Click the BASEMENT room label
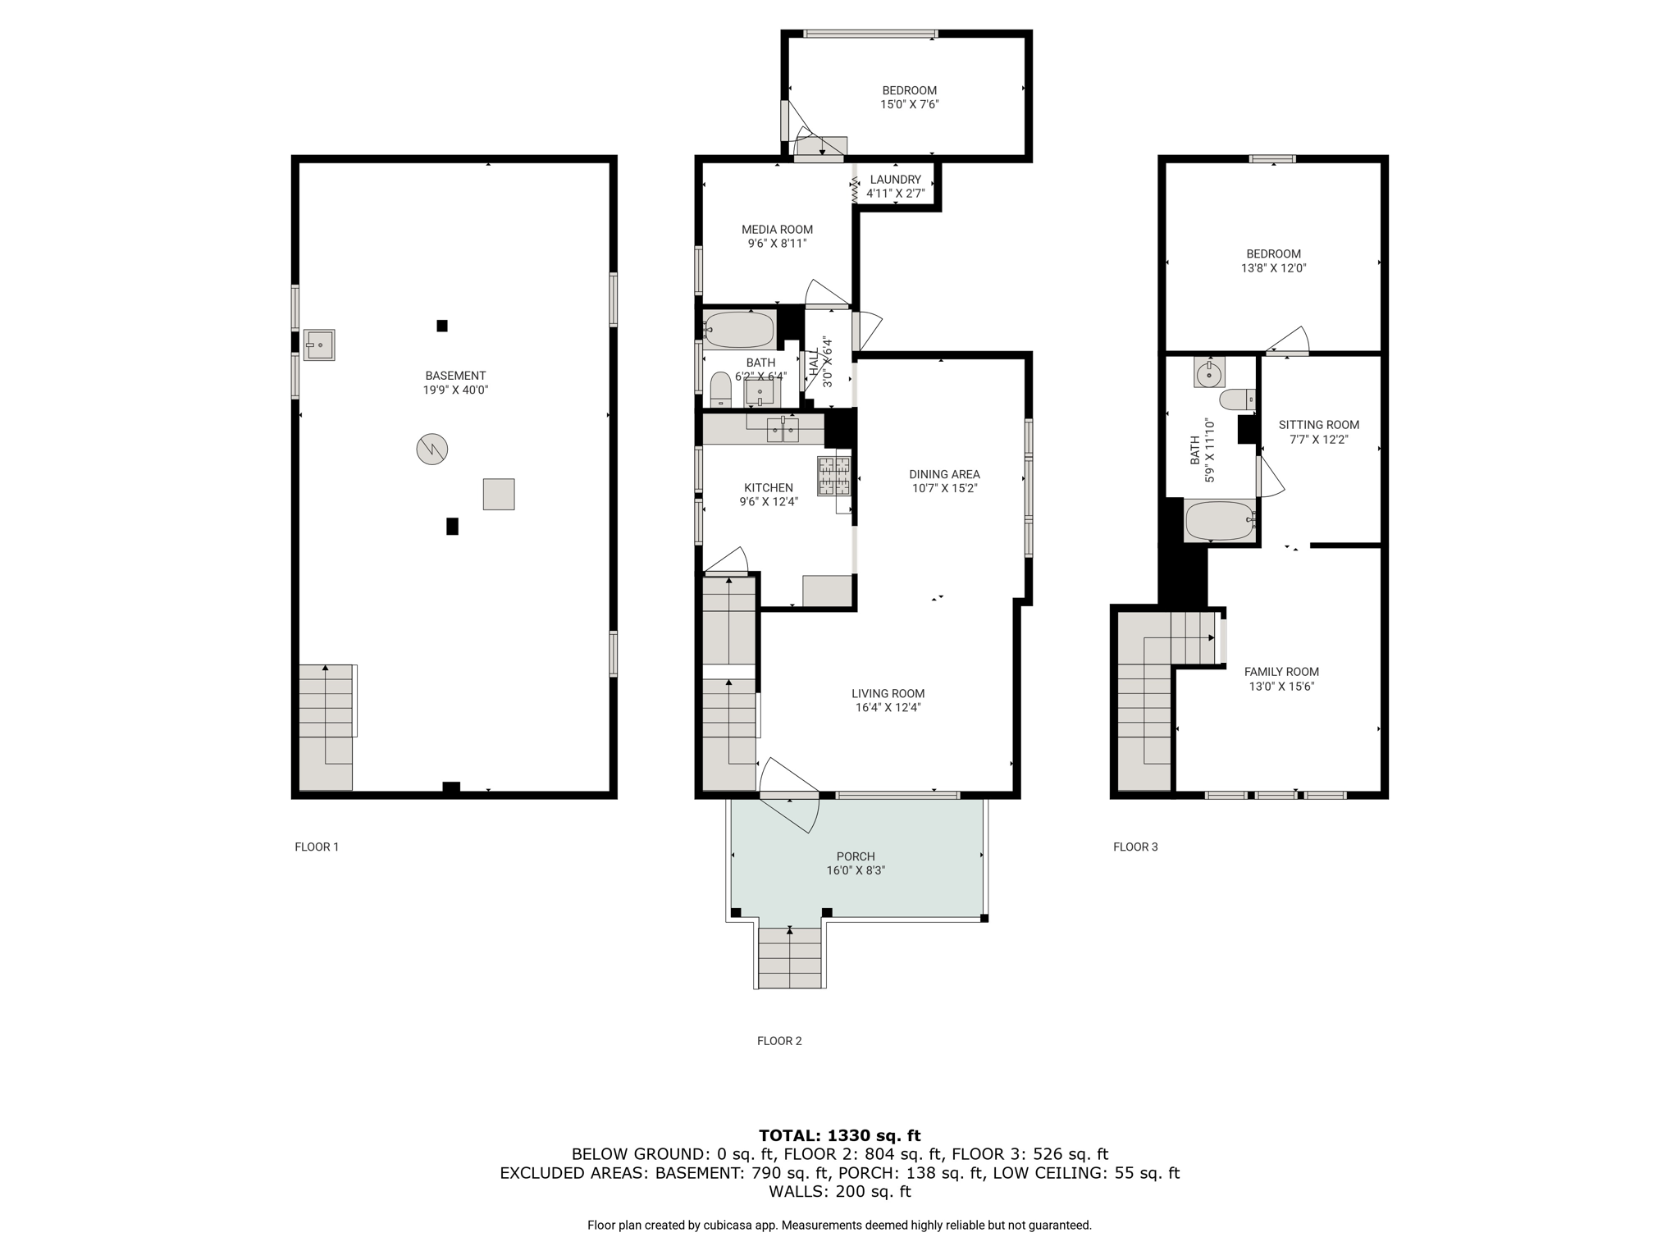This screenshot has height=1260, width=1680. (x=455, y=376)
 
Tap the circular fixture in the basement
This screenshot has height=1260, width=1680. (x=432, y=449)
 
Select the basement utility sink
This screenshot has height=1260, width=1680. (x=319, y=345)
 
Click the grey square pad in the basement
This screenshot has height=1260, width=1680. (x=499, y=494)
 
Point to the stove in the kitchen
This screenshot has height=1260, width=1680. (x=833, y=477)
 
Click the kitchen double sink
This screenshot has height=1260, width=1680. (x=783, y=429)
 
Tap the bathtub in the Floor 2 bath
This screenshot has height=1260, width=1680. (x=739, y=330)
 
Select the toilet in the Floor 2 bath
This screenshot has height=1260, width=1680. (x=720, y=390)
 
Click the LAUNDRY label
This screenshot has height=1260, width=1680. (x=896, y=180)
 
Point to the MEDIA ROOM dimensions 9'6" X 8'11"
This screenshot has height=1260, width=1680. (x=777, y=244)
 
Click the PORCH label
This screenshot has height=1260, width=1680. (x=856, y=856)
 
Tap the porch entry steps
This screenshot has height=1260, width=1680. (x=789, y=958)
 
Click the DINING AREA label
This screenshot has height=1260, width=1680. (x=944, y=474)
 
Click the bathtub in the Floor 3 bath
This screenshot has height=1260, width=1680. (x=1220, y=520)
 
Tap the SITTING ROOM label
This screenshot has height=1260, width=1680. (x=1318, y=425)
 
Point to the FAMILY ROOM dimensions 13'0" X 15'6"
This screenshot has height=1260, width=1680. (x=1281, y=687)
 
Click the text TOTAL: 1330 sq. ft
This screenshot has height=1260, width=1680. (x=839, y=1136)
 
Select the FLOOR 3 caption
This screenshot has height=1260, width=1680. (x=1135, y=847)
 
